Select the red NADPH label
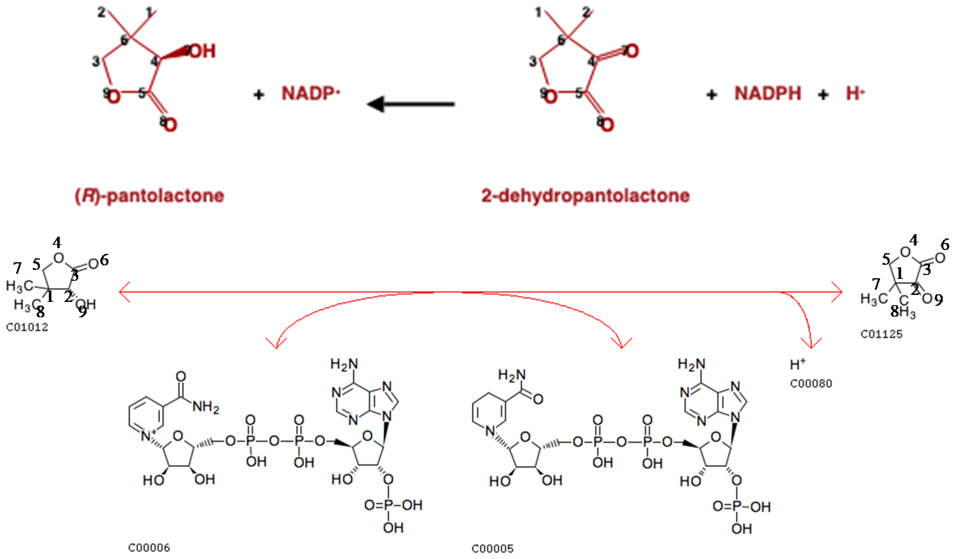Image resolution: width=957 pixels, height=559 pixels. pyautogui.click(x=768, y=93)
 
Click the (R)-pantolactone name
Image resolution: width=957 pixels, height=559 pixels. pyautogui.click(x=149, y=196)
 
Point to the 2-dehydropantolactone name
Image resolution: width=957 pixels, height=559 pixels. pyautogui.click(x=585, y=196)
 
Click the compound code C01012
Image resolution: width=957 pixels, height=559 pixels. pyautogui.click(x=27, y=327)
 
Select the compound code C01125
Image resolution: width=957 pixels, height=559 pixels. pyautogui.click(x=881, y=334)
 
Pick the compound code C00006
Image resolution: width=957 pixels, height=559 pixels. pyautogui.click(x=149, y=547)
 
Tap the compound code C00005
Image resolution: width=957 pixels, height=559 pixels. pyautogui.click(x=493, y=548)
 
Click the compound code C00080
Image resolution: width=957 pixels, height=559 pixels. pyautogui.click(x=811, y=384)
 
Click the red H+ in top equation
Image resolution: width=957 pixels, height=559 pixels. pyautogui.click(x=855, y=93)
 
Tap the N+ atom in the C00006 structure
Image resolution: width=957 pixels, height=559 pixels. pyautogui.click(x=147, y=436)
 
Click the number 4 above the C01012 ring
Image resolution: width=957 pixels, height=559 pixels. pyautogui.click(x=57, y=242)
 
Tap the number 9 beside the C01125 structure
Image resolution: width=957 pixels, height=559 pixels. pyautogui.click(x=938, y=300)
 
